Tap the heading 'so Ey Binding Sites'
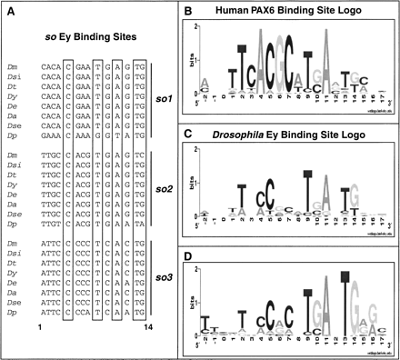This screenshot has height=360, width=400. pyautogui.click(x=87, y=33)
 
